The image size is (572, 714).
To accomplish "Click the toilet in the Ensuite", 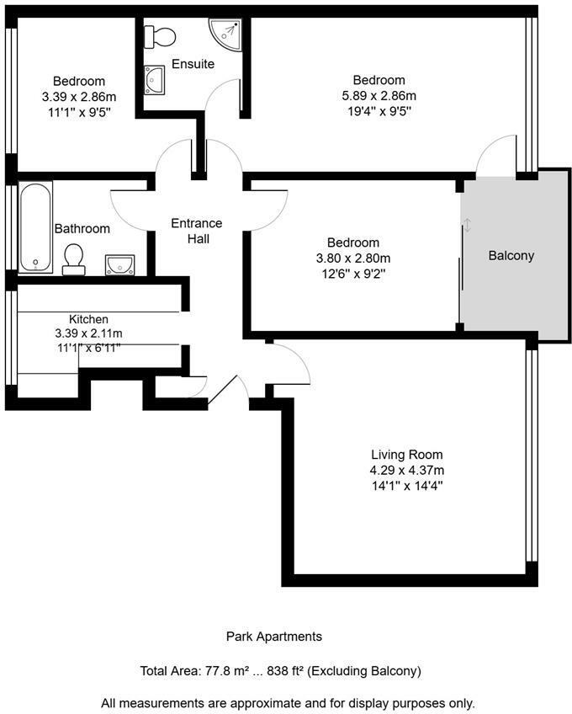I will coord(160,36).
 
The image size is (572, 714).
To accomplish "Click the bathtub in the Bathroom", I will coord(36,226).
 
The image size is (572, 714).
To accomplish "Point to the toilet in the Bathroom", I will coord(74,258).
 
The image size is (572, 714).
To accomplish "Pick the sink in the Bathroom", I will coord(120,265).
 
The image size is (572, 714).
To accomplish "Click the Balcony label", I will coord(511,256).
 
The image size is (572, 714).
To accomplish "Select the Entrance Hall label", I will coord(197,231).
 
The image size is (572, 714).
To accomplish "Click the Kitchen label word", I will coord(88,319).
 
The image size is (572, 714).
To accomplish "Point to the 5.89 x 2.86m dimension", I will coord(379,95).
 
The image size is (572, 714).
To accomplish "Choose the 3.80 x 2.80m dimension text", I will coord(353,258).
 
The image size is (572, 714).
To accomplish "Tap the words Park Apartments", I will coord(274,637).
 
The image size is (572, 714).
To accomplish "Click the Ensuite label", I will coord(193,64).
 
